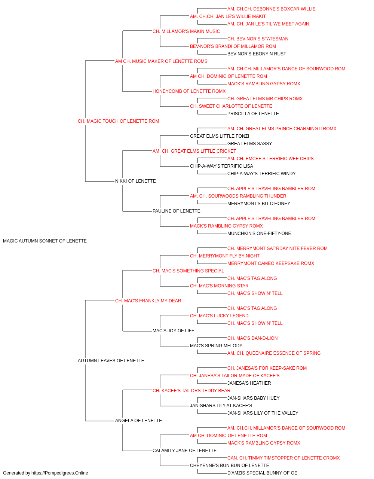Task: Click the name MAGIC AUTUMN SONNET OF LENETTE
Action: (x=45, y=241)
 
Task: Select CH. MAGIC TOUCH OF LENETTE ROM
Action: (x=118, y=121)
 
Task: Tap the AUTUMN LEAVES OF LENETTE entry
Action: (x=111, y=361)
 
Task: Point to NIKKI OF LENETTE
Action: (x=135, y=181)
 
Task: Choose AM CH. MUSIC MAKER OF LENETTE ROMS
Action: (x=161, y=61)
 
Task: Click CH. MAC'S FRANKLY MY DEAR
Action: (x=148, y=301)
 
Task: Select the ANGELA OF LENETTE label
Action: (x=138, y=421)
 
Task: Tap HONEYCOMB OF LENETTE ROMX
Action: (x=189, y=91)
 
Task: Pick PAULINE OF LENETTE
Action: (x=176, y=211)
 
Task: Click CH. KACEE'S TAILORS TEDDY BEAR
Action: (x=191, y=391)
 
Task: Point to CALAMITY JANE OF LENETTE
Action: (x=184, y=451)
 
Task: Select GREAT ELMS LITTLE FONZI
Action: (x=220, y=136)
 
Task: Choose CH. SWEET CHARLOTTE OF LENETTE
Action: (x=231, y=106)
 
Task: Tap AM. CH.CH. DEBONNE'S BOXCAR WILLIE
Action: (x=272, y=9)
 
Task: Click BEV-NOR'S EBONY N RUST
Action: (x=257, y=54)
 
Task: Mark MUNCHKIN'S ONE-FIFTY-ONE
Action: (x=259, y=234)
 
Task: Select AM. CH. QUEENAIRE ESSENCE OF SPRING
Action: (x=274, y=353)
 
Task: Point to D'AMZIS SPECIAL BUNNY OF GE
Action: (x=262, y=473)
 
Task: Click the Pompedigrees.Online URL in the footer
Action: (x=59, y=473)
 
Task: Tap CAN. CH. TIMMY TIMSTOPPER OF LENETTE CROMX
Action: (x=283, y=458)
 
